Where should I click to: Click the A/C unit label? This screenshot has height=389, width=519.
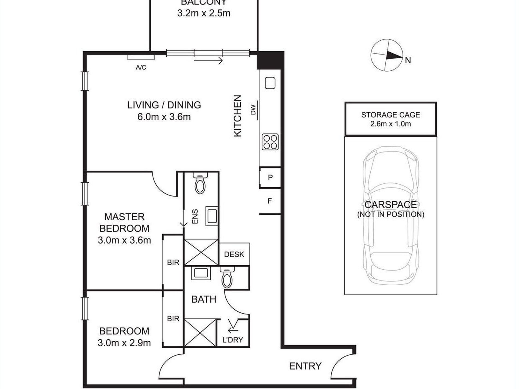pos(141,67)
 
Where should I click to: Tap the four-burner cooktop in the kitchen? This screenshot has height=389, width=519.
pos(270,142)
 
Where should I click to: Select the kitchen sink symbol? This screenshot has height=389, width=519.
pos(270,83)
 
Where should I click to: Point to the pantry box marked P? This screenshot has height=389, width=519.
pos(270,178)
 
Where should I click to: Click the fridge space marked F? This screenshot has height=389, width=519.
pos(270,201)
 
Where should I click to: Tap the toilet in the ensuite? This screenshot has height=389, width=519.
pos(201,183)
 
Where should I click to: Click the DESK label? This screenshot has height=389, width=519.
pos(234,254)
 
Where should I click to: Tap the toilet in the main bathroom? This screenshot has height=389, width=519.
pos(227,277)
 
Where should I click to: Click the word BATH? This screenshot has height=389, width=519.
pos(204,299)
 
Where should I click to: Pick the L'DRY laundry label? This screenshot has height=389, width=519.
pos(233,340)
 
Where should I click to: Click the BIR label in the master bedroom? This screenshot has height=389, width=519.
pos(173,262)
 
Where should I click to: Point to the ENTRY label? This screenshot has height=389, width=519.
pos(305,366)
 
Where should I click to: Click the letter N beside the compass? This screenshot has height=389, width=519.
pos(408,60)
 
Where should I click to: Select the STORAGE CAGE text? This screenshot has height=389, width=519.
pos(391,115)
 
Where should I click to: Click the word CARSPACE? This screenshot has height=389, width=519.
pos(391,205)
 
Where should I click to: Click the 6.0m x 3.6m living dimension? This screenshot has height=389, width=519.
pos(164,117)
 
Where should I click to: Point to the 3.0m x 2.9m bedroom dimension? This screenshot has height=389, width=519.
pos(124,343)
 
